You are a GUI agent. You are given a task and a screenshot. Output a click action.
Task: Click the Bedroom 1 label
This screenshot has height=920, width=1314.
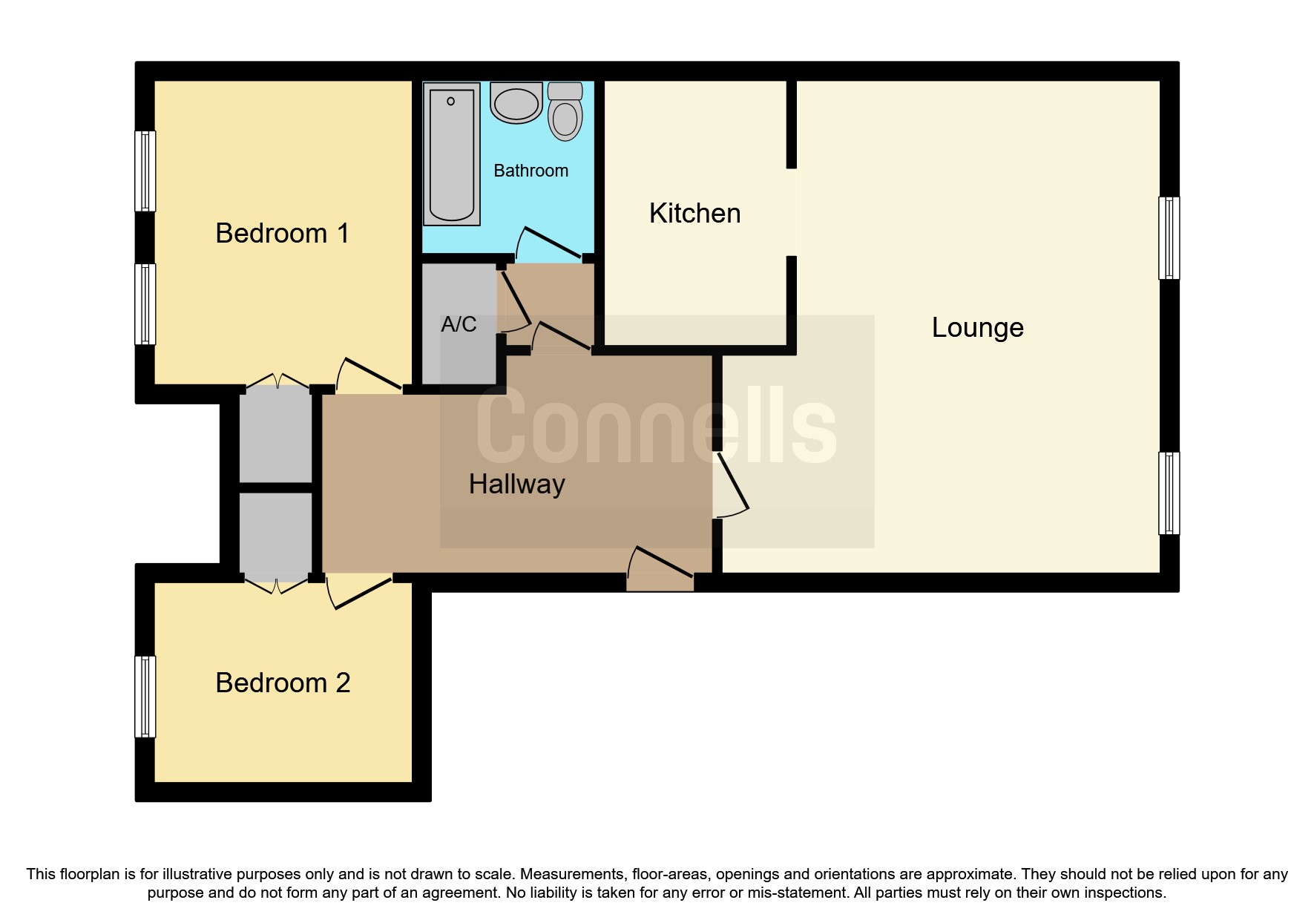[282, 233]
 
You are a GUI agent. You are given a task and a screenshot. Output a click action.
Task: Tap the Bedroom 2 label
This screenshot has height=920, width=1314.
[283, 683]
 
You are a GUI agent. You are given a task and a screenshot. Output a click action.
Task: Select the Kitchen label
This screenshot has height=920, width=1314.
[694, 213]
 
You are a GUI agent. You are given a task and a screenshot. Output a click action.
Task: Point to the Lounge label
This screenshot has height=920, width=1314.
[978, 328]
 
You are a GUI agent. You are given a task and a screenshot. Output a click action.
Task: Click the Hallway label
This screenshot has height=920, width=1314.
[517, 484]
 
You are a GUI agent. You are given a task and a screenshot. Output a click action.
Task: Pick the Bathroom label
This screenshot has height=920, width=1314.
[531, 171]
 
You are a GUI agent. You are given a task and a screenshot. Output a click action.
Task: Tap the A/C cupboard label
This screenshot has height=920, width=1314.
[459, 324]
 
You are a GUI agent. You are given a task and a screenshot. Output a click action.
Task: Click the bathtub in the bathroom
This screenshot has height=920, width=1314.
[452, 154]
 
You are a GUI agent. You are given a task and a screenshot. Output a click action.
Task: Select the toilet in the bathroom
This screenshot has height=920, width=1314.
[565, 111]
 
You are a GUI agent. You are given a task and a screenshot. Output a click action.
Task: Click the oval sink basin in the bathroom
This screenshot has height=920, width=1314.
[516, 104]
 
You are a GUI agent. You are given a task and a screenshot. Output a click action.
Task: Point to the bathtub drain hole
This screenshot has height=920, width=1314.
[450, 101]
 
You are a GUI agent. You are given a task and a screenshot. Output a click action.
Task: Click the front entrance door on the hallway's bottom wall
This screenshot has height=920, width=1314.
[660, 570]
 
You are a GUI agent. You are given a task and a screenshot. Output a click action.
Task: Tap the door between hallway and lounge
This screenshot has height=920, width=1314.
[731, 484]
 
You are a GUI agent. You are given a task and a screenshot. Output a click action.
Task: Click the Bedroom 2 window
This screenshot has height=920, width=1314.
[145, 697]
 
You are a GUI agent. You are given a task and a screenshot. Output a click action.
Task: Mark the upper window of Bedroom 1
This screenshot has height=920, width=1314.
[145, 171]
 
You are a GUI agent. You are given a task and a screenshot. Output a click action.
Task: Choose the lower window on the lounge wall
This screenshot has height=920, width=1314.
[1169, 493]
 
